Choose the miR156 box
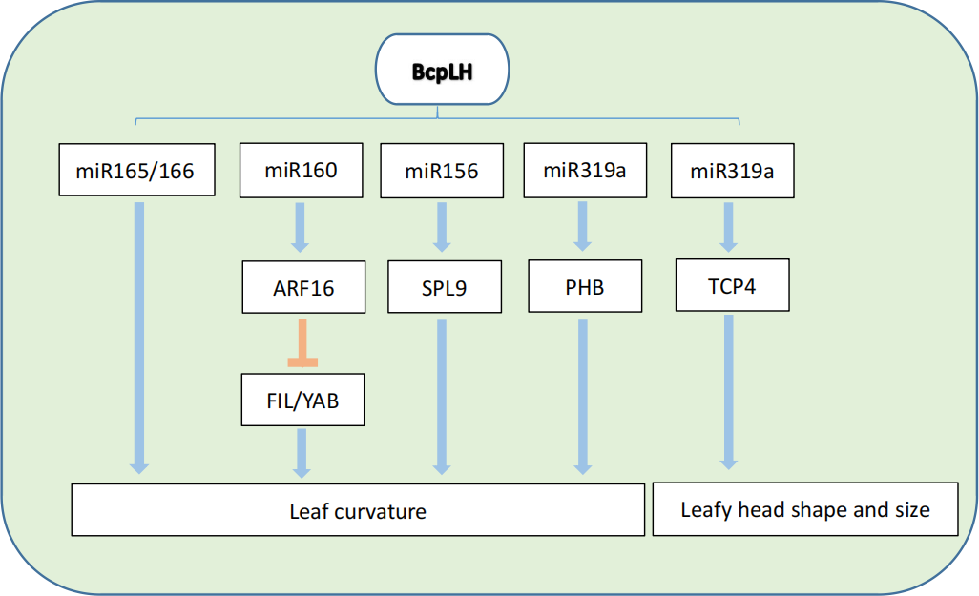coord(441,172)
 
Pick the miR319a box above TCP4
coord(733,172)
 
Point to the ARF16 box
coord(302,287)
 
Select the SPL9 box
coord(445,286)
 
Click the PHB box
coord(584,286)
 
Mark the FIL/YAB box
coord(302,401)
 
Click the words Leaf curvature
coord(358,511)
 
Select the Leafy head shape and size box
coord(804,509)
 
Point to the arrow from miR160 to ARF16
coord(301,227)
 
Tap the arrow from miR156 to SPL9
coord(441,227)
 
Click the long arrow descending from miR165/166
coord(139,334)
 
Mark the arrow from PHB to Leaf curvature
coord(583,396)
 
